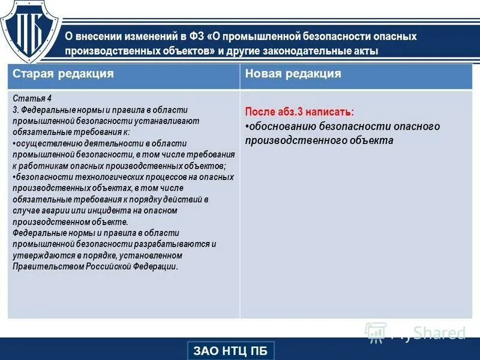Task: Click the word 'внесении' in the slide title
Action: point(102,37)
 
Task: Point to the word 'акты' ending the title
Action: point(367,51)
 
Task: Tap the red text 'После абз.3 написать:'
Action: point(299,112)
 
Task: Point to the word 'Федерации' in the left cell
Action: point(155,266)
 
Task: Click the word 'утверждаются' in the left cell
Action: point(38,256)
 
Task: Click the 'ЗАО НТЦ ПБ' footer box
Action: point(231,350)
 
